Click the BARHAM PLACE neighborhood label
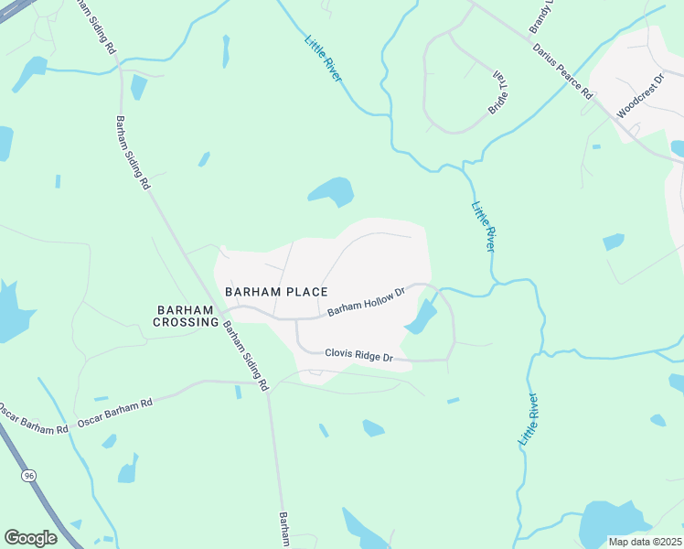(276, 292)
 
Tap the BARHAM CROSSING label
(186, 316)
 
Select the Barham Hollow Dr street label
(366, 305)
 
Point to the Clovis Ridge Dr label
(359, 356)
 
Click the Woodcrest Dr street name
(636, 98)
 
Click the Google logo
(30, 538)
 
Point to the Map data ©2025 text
(644, 542)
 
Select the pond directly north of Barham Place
(331, 191)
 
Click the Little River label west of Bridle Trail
(324, 57)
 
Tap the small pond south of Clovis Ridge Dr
(373, 427)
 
